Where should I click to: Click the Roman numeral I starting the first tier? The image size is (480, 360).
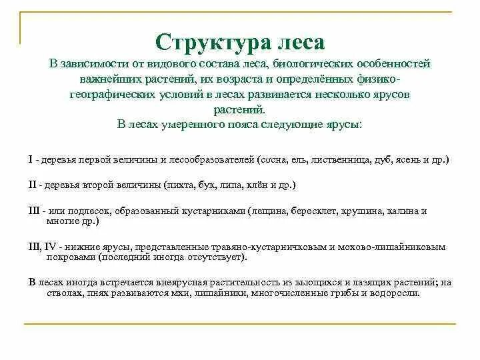31,161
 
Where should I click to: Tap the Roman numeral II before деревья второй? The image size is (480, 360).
33,184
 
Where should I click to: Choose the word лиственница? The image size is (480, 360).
335,161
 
